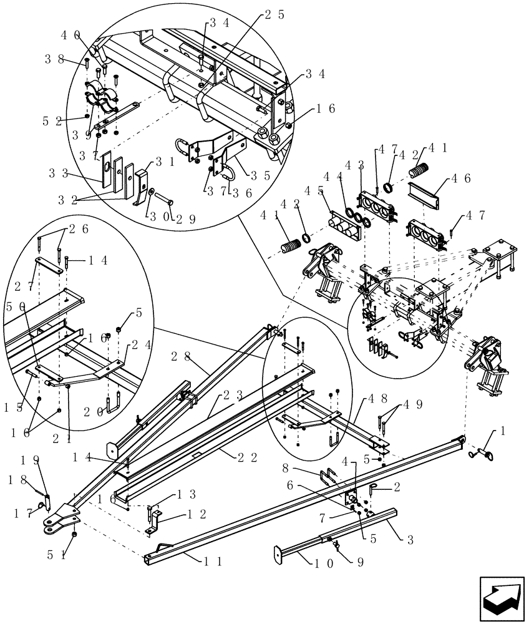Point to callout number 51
point(55,553)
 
